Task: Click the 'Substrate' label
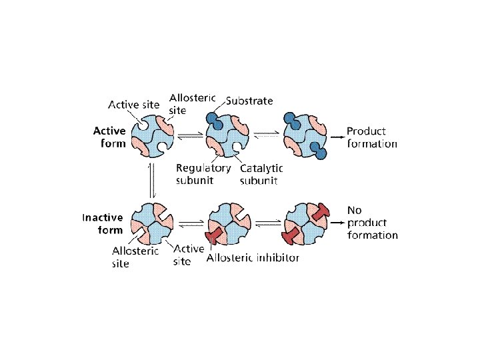pos(249,101)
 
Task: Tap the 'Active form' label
pos(109,137)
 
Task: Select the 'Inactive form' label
pos(103,224)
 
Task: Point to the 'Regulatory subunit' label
pos(203,174)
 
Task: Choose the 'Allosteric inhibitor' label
pos(253,258)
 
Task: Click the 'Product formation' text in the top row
pos(371,137)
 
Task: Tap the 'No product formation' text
pos(372,222)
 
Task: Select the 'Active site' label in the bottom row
pos(189,255)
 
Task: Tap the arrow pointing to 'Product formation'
pos(336,136)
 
